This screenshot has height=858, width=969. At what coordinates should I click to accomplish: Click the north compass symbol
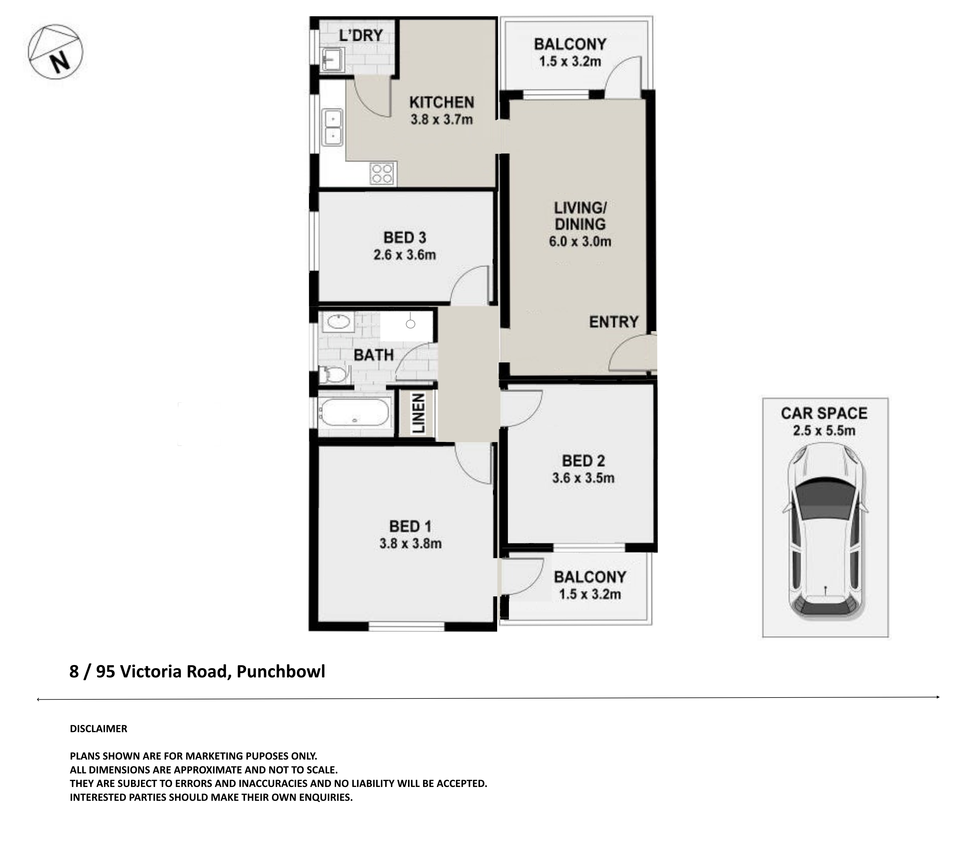click(x=55, y=52)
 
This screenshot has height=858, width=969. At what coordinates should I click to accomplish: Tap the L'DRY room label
click(x=361, y=35)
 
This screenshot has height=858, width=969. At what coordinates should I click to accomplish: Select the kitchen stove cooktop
click(x=382, y=173)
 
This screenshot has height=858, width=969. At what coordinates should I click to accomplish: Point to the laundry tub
click(x=332, y=59)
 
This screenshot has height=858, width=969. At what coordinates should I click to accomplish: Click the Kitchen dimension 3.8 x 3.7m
click(x=441, y=120)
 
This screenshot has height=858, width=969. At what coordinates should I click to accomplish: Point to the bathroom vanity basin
click(x=338, y=322)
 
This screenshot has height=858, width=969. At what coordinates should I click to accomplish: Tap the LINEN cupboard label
click(x=418, y=413)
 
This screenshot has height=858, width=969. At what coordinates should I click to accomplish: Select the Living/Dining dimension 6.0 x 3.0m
click(x=580, y=242)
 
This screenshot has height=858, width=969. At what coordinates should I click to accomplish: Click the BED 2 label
click(x=583, y=461)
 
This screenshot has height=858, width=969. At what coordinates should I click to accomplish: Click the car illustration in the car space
click(x=825, y=532)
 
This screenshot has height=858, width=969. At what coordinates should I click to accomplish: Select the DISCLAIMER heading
click(x=98, y=729)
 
